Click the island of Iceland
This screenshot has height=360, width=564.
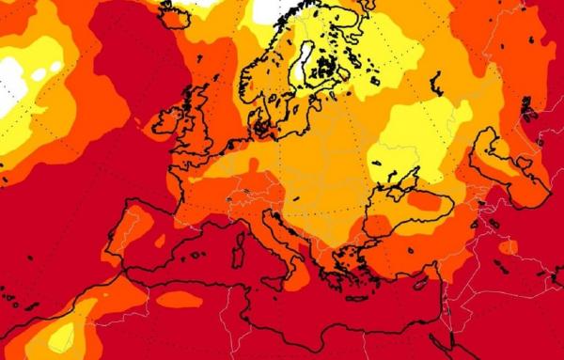pos(173,11)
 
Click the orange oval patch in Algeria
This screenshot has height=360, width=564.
pos(179,299)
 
